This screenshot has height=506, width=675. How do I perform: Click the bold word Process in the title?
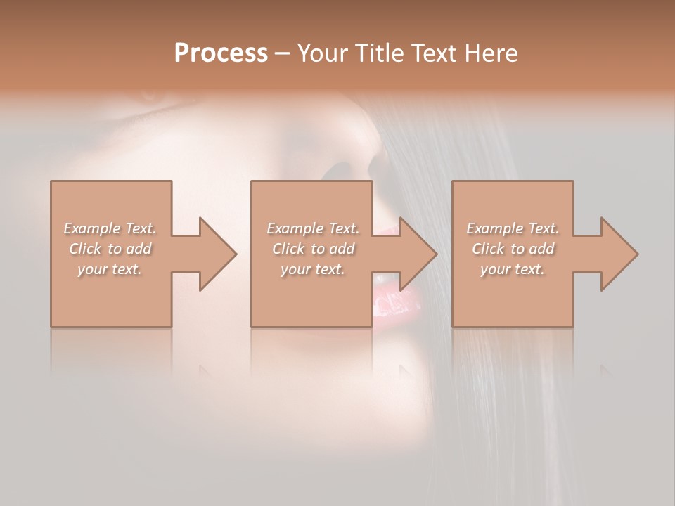tap(221, 53)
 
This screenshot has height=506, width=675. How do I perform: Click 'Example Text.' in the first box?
tap(110, 228)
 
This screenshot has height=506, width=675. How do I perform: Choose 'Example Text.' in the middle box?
tap(313, 228)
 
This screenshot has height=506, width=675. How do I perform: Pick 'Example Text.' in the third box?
tap(513, 228)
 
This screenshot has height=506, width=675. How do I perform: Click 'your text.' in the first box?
tap(110, 269)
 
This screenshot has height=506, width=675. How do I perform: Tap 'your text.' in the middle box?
tap(313, 269)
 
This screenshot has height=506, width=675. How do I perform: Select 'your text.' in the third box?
tap(513, 269)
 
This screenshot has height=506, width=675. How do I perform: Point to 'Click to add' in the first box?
tap(110, 249)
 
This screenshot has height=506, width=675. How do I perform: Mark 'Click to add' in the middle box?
tap(313, 249)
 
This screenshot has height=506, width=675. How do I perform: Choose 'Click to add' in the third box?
tap(513, 249)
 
